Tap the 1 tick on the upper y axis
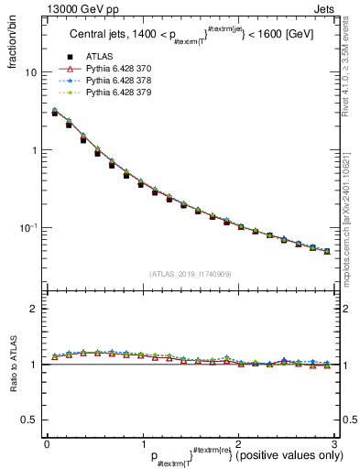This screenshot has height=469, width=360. point(35,150)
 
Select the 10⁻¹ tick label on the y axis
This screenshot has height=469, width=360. point(29,227)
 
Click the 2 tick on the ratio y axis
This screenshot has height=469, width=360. point(35,310)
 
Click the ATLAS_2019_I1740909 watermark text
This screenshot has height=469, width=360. point(189,274)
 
